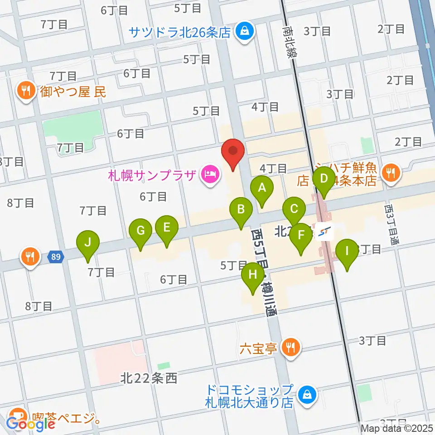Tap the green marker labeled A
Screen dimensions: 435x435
pyautogui.click(x=261, y=188)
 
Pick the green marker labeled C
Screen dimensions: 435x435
pyautogui.click(x=294, y=209)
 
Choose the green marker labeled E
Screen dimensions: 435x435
pyautogui.click(x=167, y=227)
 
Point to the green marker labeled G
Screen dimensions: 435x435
pyautogui.click(x=141, y=231)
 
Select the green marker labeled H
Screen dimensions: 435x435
pyautogui.click(x=253, y=275)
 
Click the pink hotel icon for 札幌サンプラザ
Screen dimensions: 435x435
pyautogui.click(x=210, y=174)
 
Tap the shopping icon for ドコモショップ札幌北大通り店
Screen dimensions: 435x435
pyautogui.click(x=308, y=394)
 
